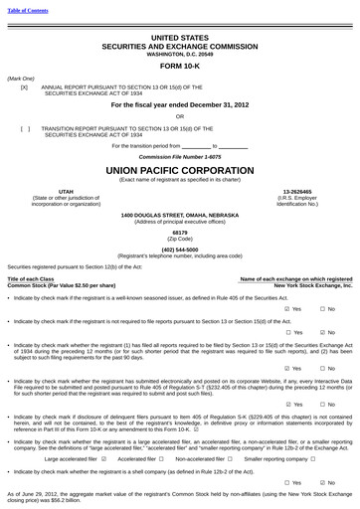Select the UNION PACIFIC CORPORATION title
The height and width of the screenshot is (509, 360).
(x=180, y=170)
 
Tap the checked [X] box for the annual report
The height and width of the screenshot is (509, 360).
(x=24, y=87)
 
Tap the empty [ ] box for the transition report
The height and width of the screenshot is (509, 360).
(x=24, y=128)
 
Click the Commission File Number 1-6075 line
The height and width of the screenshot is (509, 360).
(x=180, y=157)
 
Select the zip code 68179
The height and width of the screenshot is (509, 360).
(x=180, y=233)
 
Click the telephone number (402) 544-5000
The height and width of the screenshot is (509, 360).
(x=180, y=250)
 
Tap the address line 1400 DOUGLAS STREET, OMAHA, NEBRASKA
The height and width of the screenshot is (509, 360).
(x=180, y=215)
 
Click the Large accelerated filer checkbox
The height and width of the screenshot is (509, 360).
(x=104, y=459)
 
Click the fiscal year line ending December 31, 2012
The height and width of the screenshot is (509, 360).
(x=180, y=103)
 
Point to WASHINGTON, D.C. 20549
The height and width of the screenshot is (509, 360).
(x=180, y=52)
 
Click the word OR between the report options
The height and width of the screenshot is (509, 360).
(x=180, y=116)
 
